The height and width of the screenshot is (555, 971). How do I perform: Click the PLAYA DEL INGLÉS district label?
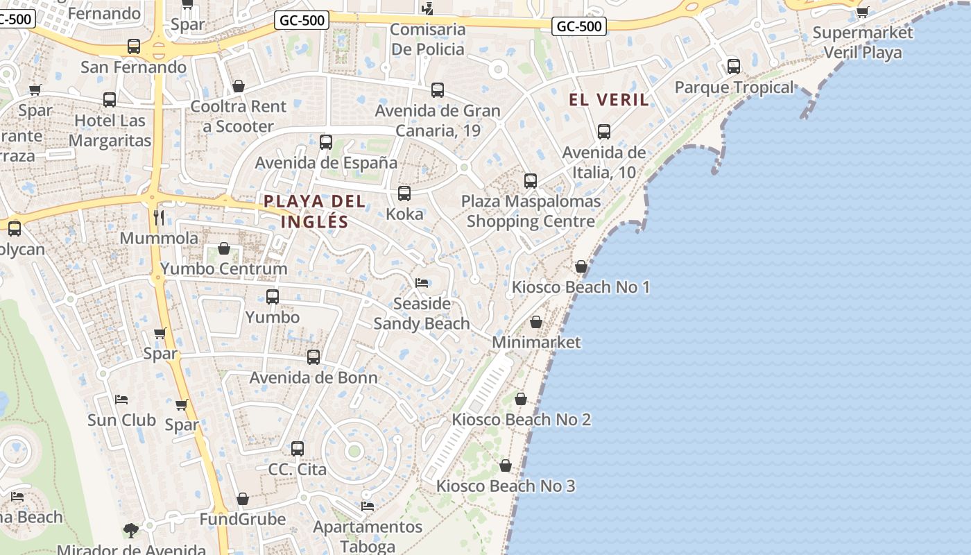[x=314, y=211]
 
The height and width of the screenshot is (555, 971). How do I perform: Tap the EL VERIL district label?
[x=609, y=100]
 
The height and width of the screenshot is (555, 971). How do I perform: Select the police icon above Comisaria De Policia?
[x=428, y=8]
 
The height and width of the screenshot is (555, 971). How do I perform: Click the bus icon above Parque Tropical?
[x=734, y=67]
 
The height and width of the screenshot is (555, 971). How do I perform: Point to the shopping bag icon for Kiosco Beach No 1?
[x=581, y=266]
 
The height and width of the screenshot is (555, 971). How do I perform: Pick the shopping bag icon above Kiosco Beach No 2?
[x=521, y=399]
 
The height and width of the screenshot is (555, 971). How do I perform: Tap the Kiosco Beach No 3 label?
[x=506, y=486]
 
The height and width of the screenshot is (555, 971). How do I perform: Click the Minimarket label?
[x=536, y=342]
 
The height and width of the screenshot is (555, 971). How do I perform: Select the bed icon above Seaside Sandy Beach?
[x=422, y=283]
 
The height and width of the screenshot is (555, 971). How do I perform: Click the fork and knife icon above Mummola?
[x=159, y=218]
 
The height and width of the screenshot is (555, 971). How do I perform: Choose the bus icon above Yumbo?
[x=273, y=297]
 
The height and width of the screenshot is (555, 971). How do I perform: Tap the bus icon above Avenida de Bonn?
[x=313, y=357]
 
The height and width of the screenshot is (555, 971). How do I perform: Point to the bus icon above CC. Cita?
[x=298, y=449]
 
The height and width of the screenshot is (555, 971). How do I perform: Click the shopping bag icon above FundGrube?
[x=243, y=499]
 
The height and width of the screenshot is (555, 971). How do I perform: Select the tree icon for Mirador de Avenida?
[x=131, y=531]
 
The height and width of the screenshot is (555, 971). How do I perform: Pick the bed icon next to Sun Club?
[x=121, y=400]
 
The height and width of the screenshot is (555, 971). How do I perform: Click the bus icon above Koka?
[x=404, y=194]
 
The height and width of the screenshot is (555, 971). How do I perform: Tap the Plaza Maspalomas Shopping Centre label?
[x=531, y=212]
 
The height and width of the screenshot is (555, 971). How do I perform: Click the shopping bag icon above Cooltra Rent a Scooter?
[x=239, y=86]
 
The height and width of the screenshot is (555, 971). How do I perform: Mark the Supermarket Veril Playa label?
[x=863, y=42]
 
